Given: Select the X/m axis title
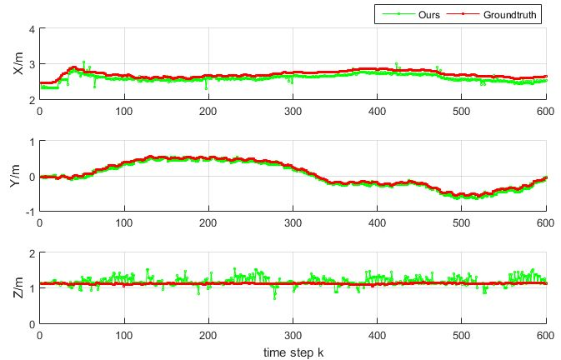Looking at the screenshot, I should coord(18,64).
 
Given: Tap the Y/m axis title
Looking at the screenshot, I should coord(18,176).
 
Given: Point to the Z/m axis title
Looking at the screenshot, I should coord(18,287).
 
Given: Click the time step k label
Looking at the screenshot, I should coord(293,352).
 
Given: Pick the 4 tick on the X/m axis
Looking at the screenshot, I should coord(32,29).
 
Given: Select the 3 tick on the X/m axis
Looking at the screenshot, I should coord(32,64).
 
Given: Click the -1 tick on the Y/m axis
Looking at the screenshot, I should coord(30,212).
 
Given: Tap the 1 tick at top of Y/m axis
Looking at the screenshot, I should coord(32,141).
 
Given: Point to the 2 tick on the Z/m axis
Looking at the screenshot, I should coord(32,252).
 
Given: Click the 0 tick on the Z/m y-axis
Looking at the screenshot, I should coord(32,323).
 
